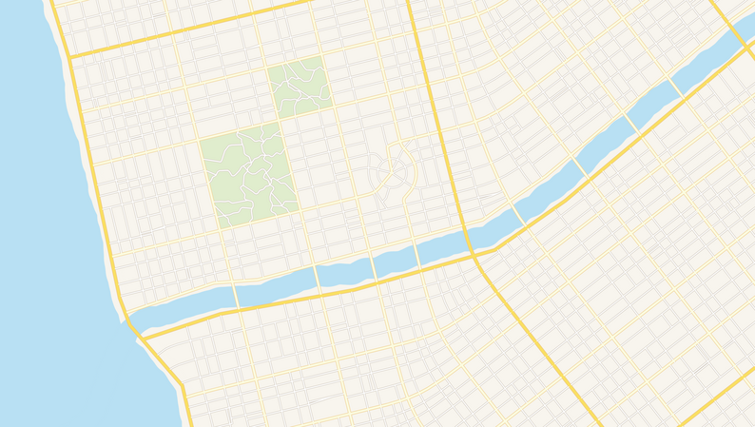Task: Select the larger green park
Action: click(x=248, y=174)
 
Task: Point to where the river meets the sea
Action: click(x=128, y=319)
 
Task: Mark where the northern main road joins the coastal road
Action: click(x=69, y=57)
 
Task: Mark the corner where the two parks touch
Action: click(x=281, y=121)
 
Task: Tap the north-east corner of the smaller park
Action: click(x=324, y=56)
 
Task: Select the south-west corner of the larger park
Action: click(x=219, y=228)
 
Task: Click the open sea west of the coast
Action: click(x=38, y=238)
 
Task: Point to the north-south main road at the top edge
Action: click(x=409, y=4)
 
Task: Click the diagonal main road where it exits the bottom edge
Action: click(x=599, y=423)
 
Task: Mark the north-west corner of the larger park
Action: click(x=199, y=140)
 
